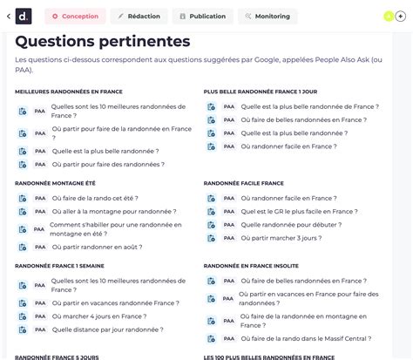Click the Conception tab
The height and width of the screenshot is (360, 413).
pyautogui.click(x=75, y=16)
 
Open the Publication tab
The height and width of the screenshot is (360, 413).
pyautogui.click(x=203, y=16)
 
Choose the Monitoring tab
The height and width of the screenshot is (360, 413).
pyautogui.click(x=267, y=16)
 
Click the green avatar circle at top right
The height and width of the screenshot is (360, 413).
pyautogui.click(x=388, y=16)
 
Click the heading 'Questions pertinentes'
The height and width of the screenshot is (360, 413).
pyautogui.click(x=103, y=41)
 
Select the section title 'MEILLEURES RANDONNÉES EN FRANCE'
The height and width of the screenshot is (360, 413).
pyautogui.click(x=69, y=91)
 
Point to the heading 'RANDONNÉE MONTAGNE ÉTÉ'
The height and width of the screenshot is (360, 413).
pyautogui.click(x=55, y=183)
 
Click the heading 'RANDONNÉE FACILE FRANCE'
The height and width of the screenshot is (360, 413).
pyautogui.click(x=244, y=183)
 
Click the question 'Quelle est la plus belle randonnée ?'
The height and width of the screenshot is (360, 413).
pyautogui.click(x=105, y=151)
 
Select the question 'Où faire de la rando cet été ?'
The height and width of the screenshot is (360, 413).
pyautogui.click(x=95, y=198)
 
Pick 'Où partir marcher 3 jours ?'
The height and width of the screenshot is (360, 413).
pyautogui.click(x=281, y=237)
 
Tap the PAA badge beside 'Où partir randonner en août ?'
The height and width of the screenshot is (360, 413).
pyautogui.click(x=39, y=247)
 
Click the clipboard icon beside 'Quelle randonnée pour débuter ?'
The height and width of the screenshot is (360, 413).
pyautogui.click(x=211, y=224)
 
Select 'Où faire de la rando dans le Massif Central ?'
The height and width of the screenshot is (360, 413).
pyautogui.click(x=304, y=337)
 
